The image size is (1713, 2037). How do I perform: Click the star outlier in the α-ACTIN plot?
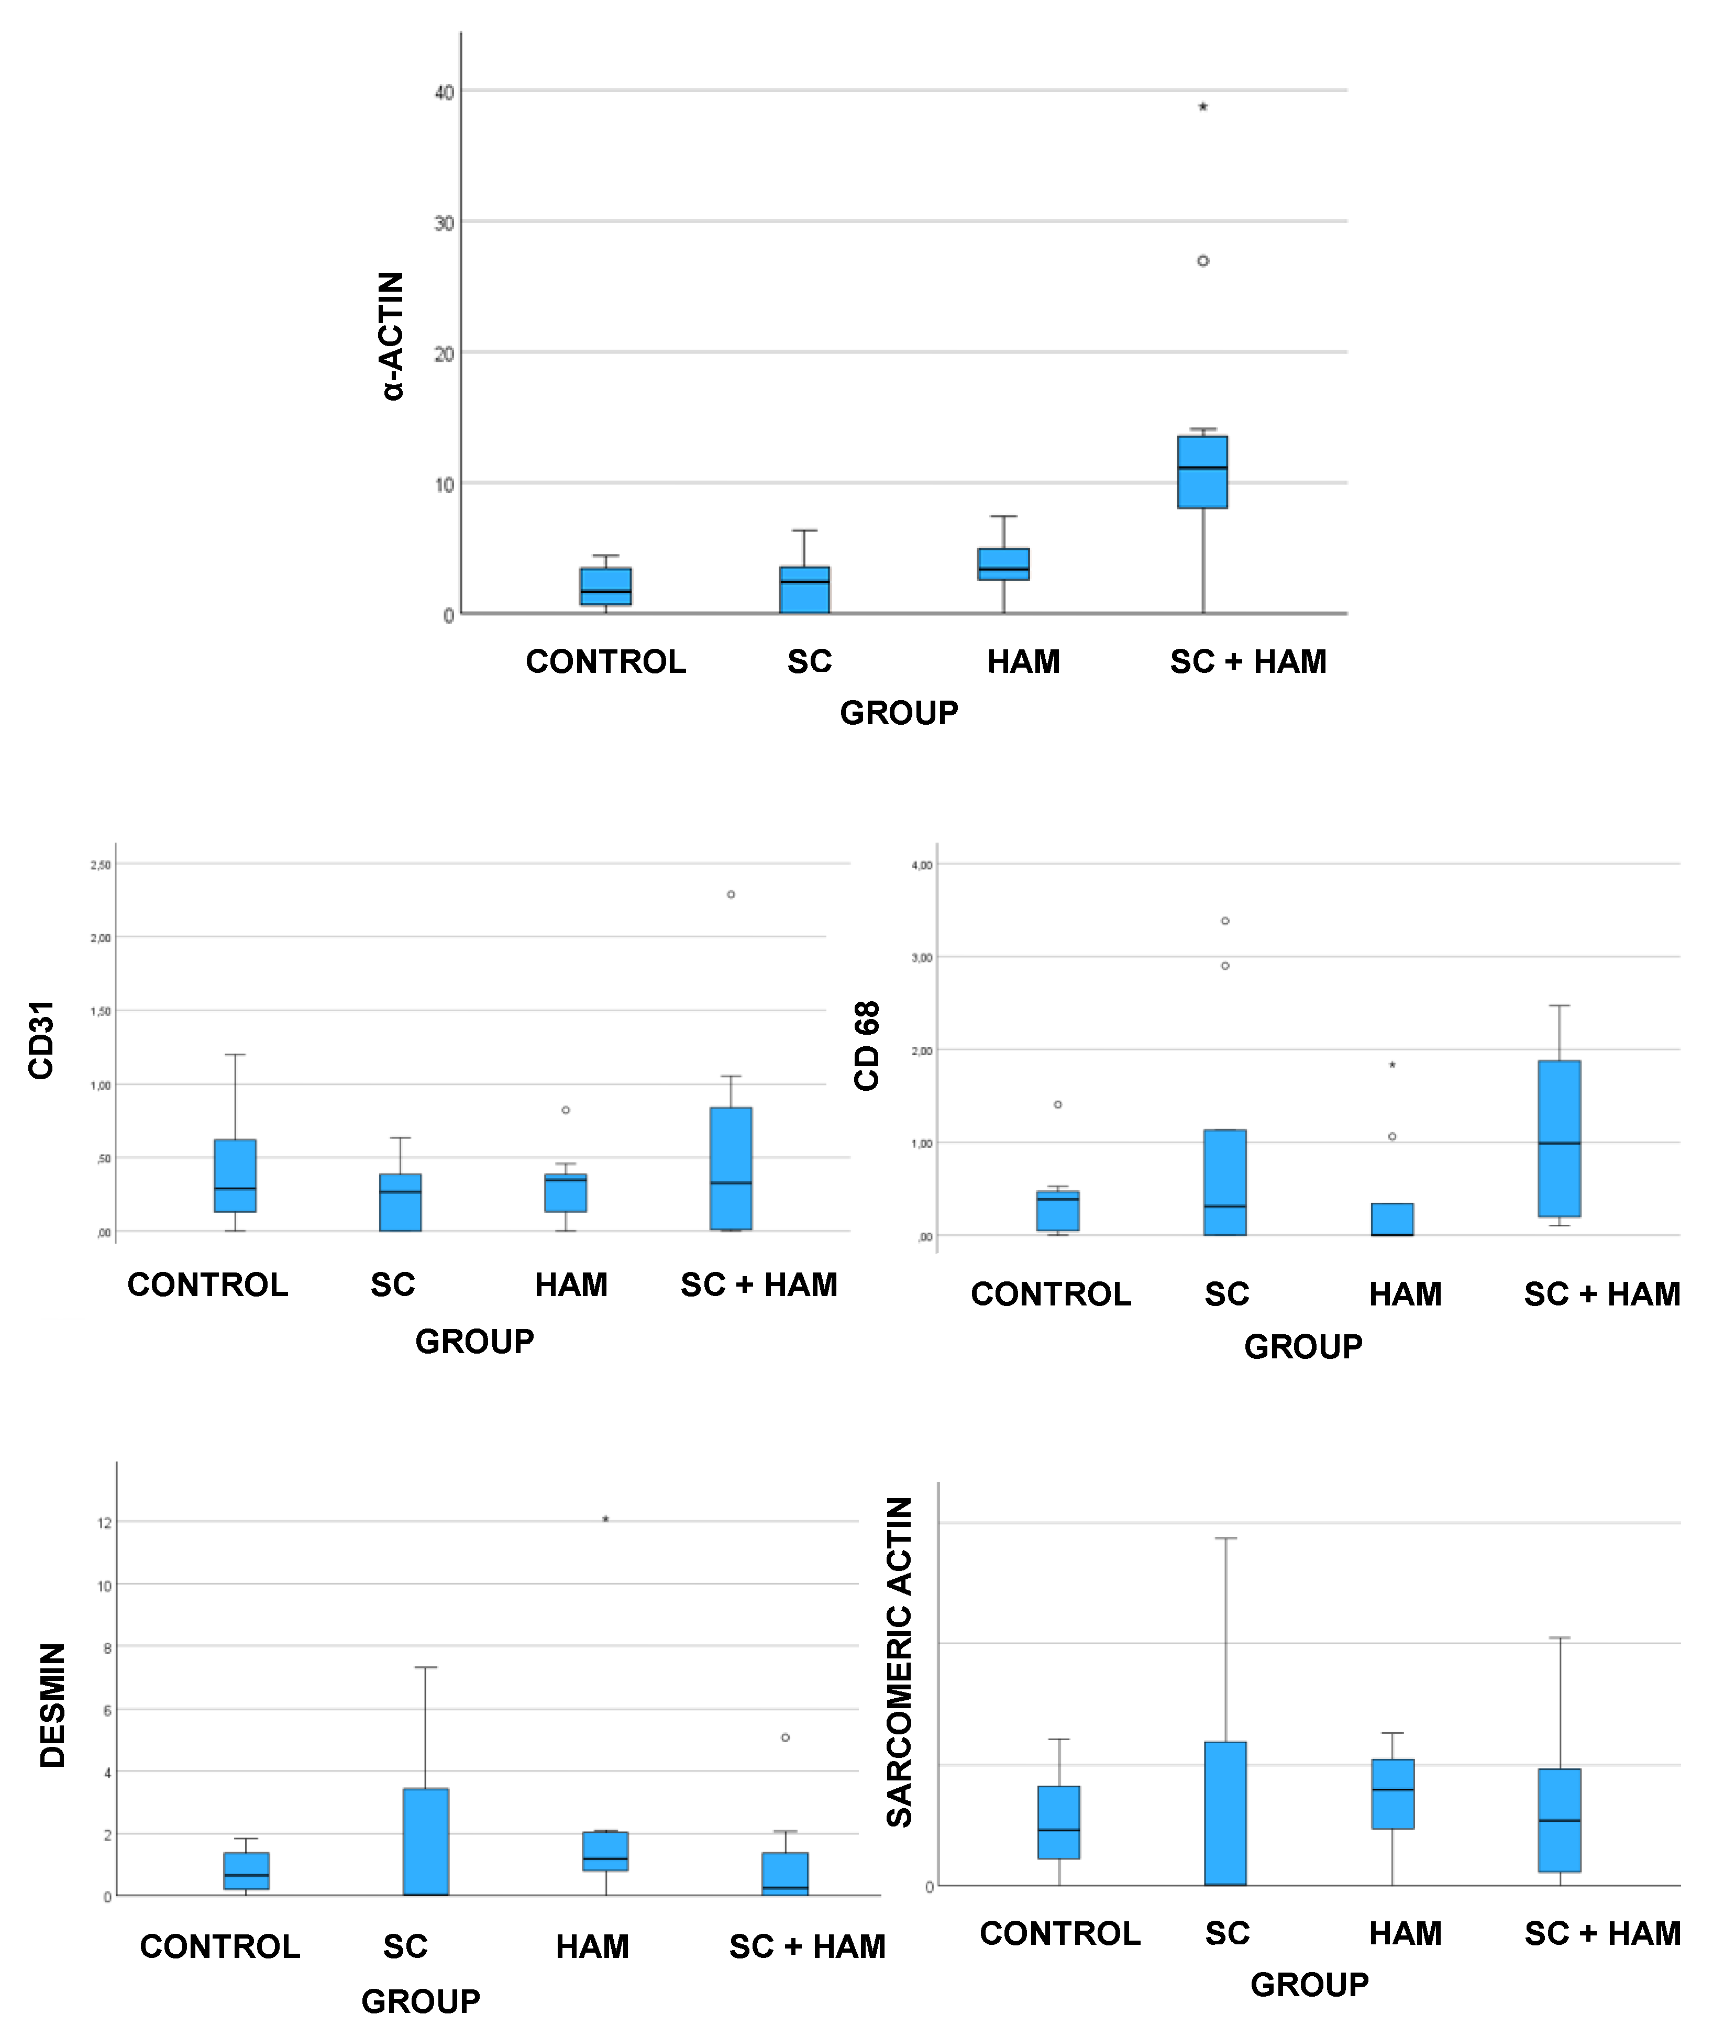pyautogui.click(x=1202, y=107)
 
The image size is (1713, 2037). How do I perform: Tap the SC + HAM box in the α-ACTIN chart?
pyautogui.click(x=1202, y=472)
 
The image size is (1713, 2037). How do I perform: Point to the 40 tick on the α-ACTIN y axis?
pyautogui.click(x=444, y=92)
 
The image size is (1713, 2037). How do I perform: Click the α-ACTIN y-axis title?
pyautogui.click(x=391, y=336)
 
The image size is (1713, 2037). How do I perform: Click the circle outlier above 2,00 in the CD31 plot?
pyautogui.click(x=731, y=894)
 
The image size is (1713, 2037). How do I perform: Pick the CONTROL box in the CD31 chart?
pyautogui.click(x=235, y=1176)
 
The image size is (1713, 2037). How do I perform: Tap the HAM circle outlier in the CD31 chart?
pyautogui.click(x=565, y=1110)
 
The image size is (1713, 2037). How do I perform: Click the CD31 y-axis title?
pyautogui.click(x=41, y=1040)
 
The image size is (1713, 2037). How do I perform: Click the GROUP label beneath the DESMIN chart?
pyautogui.click(x=421, y=2001)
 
